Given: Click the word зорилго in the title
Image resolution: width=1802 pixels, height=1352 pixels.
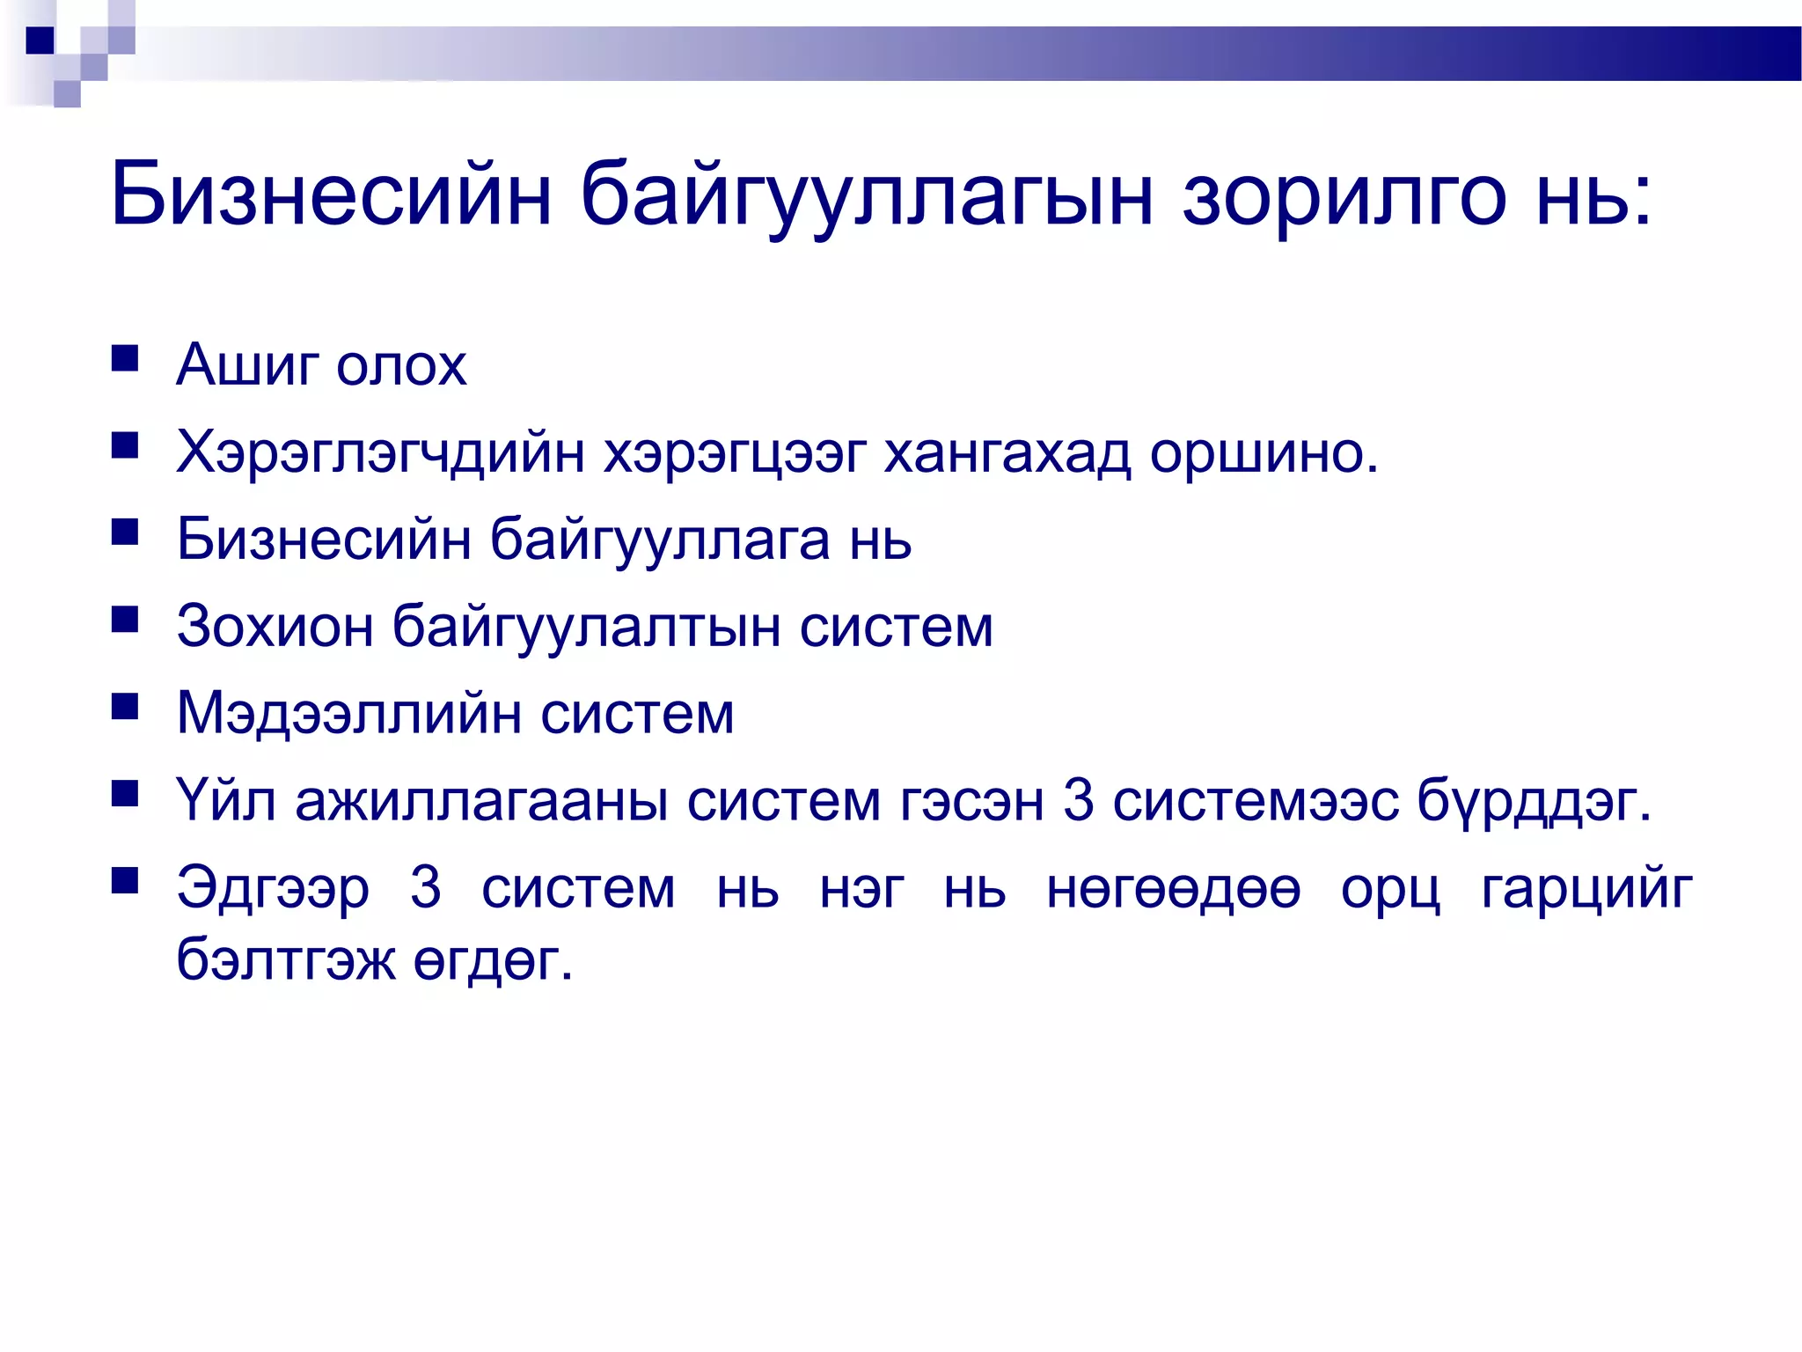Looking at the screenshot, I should click(1343, 195).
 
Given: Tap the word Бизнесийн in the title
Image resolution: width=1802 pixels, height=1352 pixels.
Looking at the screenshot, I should click(331, 195).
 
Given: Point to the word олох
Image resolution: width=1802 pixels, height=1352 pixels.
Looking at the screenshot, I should click(401, 366).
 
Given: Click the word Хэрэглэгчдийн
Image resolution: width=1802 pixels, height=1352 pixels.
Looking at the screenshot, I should click(380, 453).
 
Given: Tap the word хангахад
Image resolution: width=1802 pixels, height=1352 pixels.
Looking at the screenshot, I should click(1007, 453).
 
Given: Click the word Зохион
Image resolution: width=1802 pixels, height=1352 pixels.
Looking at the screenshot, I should click(275, 627).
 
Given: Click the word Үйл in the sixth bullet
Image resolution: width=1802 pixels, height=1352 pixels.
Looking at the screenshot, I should click(226, 801).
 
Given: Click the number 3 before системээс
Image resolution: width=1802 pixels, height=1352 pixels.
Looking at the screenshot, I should click(1079, 801).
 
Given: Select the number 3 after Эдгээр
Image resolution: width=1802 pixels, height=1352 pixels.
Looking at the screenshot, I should click(426, 888).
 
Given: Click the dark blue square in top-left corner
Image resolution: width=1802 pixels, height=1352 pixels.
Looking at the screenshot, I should click(40, 40).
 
